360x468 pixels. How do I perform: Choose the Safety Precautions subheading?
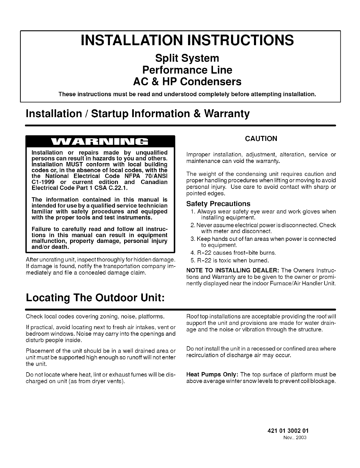pos(218,204)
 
